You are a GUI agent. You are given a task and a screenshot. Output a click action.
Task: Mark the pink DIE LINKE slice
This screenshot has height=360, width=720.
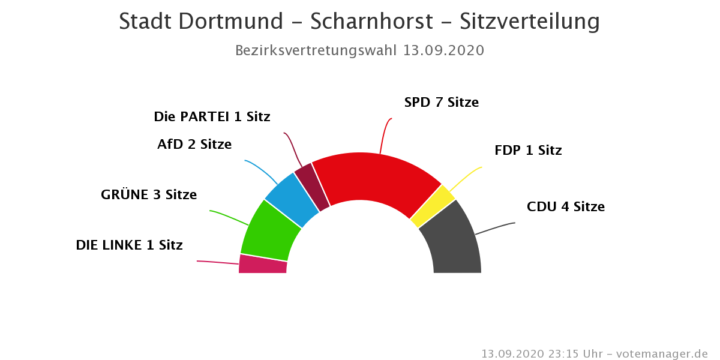tap(263, 265)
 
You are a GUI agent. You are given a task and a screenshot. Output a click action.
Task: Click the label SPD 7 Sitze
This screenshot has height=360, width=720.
tap(442, 103)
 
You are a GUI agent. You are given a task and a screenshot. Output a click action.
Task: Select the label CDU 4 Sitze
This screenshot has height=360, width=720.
tap(566, 207)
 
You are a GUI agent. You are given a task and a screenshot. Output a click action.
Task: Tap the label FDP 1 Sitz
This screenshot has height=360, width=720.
tap(528, 151)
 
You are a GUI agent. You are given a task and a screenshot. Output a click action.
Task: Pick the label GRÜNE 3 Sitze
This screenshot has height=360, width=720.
tap(149, 195)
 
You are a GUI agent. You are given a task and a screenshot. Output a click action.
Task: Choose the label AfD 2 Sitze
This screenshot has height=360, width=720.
tap(194, 145)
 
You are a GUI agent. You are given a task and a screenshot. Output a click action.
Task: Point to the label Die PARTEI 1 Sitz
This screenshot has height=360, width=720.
tap(212, 117)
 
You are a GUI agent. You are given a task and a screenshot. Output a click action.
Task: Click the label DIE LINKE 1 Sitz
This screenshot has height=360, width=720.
tap(129, 245)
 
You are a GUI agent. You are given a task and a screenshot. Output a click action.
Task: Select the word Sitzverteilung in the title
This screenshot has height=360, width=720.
tap(530, 22)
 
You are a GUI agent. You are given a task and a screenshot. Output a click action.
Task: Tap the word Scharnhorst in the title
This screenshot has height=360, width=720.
tap(371, 22)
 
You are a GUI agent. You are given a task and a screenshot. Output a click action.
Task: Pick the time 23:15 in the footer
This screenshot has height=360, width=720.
tap(562, 354)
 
